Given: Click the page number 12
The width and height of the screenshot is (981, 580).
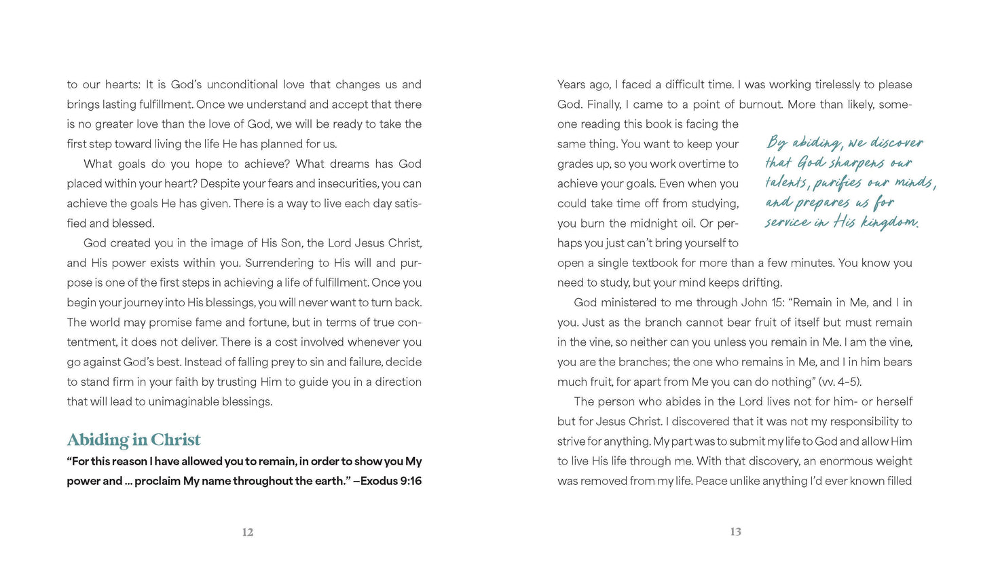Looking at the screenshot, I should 248,532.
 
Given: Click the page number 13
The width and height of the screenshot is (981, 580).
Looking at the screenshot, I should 736,532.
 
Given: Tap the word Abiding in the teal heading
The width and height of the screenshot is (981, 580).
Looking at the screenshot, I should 99,440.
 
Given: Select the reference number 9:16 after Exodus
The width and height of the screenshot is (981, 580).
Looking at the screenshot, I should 410,481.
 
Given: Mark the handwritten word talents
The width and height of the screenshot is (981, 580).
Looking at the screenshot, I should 786,183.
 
